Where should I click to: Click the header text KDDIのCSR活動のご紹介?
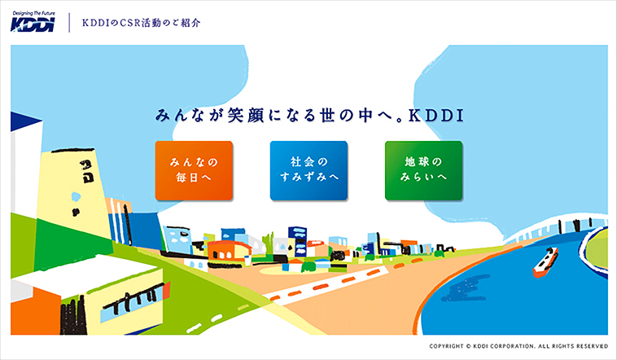tap(141, 23)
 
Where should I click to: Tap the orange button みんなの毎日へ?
tap(194, 170)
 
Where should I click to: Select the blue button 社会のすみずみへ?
tap(308, 170)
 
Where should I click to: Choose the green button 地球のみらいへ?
tap(424, 170)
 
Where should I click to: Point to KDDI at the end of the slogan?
tap(436, 116)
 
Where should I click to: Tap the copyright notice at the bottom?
tap(519, 346)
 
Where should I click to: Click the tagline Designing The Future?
tap(33, 13)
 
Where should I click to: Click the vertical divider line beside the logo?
tap(69, 23)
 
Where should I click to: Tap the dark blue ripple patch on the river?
tap(464, 288)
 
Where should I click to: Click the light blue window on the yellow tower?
tap(76, 196)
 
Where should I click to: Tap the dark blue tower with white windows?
tap(297, 239)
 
